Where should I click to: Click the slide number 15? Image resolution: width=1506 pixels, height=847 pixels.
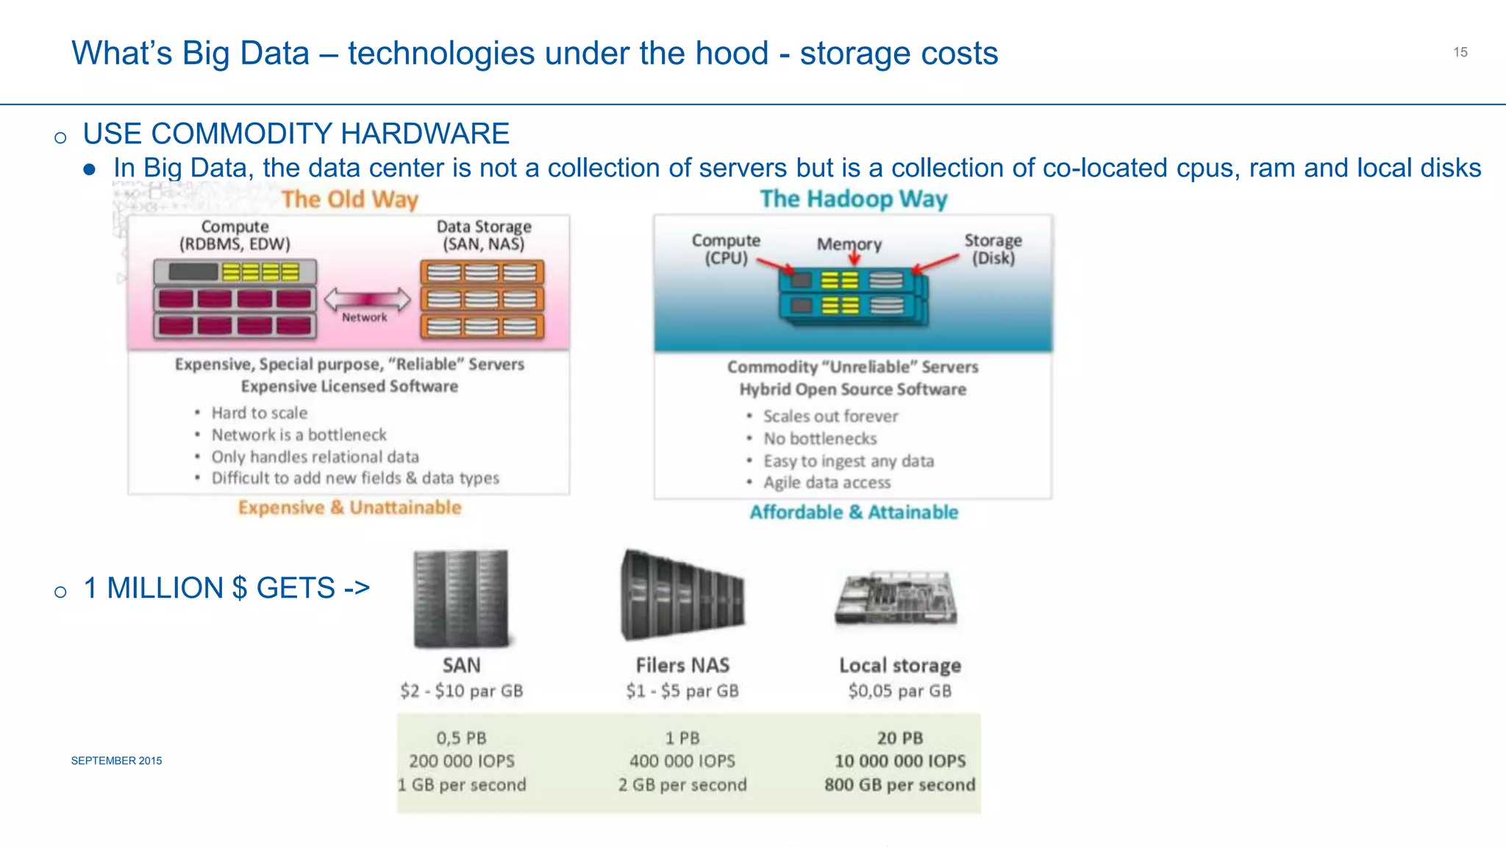pyautogui.click(x=1460, y=52)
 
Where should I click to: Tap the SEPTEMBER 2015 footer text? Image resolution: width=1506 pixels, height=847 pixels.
pyautogui.click(x=116, y=761)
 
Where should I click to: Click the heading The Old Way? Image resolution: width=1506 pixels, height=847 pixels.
pyautogui.click(x=350, y=199)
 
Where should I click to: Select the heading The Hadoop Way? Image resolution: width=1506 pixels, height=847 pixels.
pyautogui.click(x=853, y=199)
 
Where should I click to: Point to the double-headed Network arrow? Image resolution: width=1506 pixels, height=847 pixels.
pyautogui.click(x=367, y=299)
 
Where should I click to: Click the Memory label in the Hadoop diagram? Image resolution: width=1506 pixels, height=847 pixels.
pyautogui.click(x=849, y=244)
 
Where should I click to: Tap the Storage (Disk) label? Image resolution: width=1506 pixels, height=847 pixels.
pyautogui.click(x=993, y=249)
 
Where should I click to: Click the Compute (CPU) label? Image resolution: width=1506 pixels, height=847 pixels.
pyautogui.click(x=725, y=249)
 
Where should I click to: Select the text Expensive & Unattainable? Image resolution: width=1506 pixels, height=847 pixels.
pyautogui.click(x=350, y=508)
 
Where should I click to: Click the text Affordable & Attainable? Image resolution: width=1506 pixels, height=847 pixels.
pyautogui.click(x=854, y=512)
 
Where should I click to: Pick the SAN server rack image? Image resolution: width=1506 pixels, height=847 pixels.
pyautogui.click(x=461, y=598)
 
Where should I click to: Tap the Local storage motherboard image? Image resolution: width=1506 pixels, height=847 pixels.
pyautogui.click(x=897, y=597)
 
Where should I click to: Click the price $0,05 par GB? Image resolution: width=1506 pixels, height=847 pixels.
pyautogui.click(x=899, y=691)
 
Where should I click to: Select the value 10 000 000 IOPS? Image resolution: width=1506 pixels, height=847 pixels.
pyautogui.click(x=899, y=762)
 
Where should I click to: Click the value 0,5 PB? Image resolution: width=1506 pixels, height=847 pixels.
pyautogui.click(x=461, y=738)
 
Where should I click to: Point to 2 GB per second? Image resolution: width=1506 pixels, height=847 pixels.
pyautogui.click(x=682, y=785)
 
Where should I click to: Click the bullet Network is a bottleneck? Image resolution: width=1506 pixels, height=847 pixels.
pyautogui.click(x=299, y=435)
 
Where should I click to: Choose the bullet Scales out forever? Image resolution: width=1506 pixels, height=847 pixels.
pyautogui.click(x=830, y=417)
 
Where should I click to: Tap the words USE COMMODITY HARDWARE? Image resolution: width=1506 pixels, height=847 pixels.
pyautogui.click(x=296, y=134)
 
